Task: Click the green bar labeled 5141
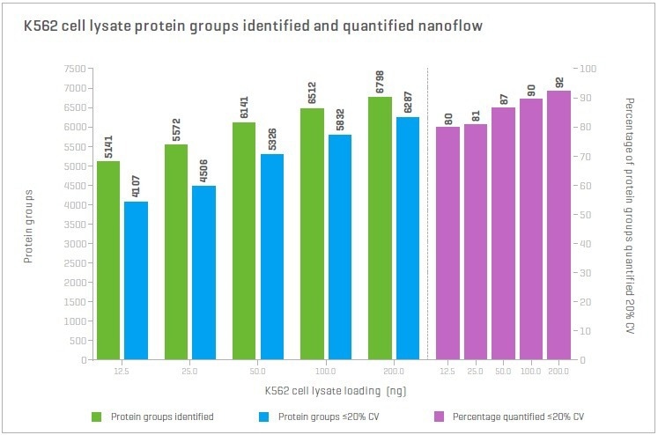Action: pyautogui.click(x=108, y=260)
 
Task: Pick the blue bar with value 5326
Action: pyautogui.click(x=271, y=256)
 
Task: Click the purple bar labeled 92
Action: pyautogui.click(x=559, y=225)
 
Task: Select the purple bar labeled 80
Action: pyautogui.click(x=448, y=243)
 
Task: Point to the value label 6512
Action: pyautogui.click(x=311, y=93)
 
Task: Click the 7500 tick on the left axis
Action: pyautogui.click(x=74, y=69)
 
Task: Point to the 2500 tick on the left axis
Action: pyautogui.click(x=74, y=263)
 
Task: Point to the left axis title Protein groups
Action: pyautogui.click(x=28, y=214)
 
